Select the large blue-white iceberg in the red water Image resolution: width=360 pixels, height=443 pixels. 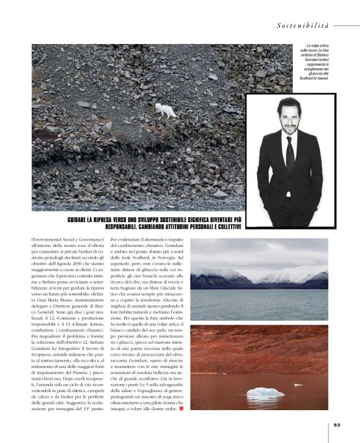pos(265,392)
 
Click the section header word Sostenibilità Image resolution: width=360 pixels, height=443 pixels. pos(303,25)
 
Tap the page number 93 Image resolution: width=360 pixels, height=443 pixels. pos(337,425)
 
